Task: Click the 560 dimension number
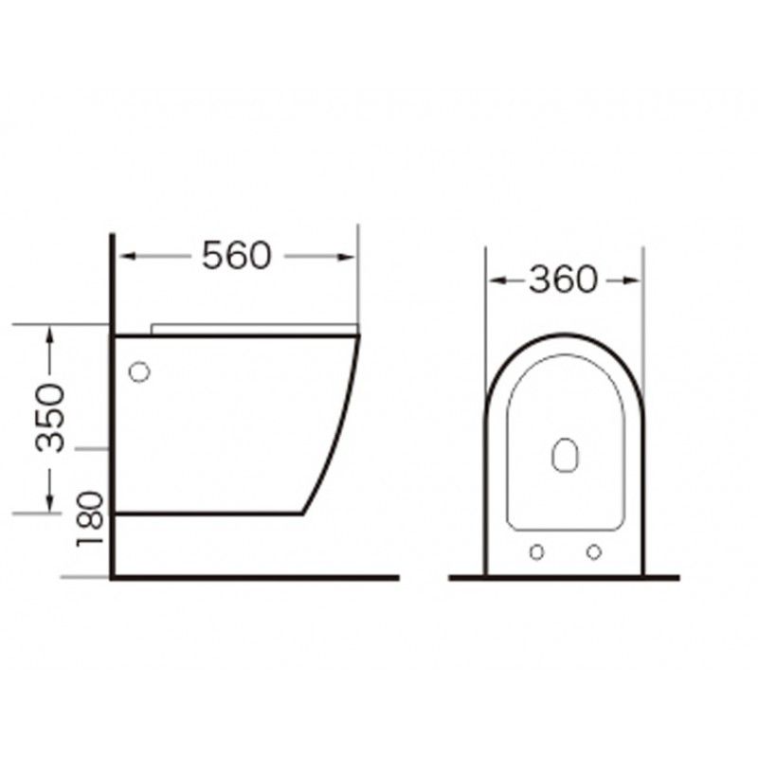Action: click(x=236, y=255)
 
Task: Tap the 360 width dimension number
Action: click(x=563, y=280)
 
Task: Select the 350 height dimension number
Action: click(x=50, y=418)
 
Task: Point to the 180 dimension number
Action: click(x=90, y=518)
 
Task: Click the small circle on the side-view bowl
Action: click(x=139, y=371)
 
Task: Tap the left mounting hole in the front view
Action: click(x=536, y=551)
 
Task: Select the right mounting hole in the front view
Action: click(x=594, y=551)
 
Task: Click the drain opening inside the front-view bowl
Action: click(x=565, y=455)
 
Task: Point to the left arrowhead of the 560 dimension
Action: click(x=127, y=256)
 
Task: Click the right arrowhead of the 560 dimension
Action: click(x=347, y=257)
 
